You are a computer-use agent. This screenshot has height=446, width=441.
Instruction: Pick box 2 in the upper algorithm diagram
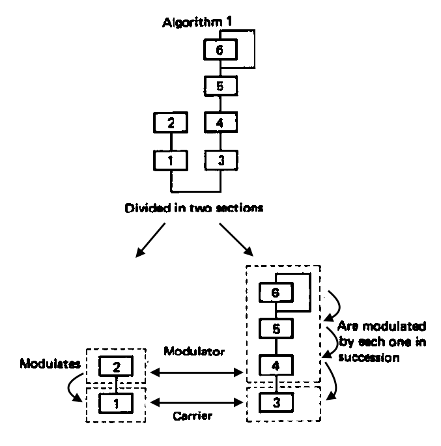pyautogui.click(x=171, y=121)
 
